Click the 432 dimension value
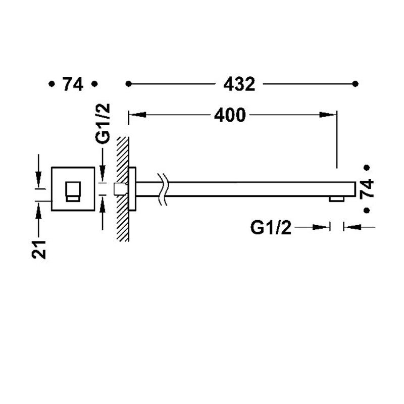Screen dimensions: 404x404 pyautogui.click(x=239, y=84)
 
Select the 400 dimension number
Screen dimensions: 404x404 pyautogui.click(x=230, y=115)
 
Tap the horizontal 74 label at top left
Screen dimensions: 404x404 pyautogui.click(x=73, y=84)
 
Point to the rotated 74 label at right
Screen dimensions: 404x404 pyautogui.click(x=367, y=188)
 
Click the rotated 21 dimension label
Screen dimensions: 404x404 pyautogui.click(x=39, y=249)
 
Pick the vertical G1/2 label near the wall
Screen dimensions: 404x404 pyautogui.click(x=103, y=124)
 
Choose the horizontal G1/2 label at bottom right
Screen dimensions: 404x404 pyautogui.click(x=271, y=228)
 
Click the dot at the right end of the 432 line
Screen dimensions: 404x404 pyautogui.click(x=355, y=84)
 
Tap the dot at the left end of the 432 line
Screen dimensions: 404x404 pyautogui.click(x=129, y=84)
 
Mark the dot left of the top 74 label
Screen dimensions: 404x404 pyautogui.click(x=52, y=84)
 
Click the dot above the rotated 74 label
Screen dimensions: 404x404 pyautogui.click(x=367, y=168)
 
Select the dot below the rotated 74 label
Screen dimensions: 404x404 pyautogui.click(x=367, y=211)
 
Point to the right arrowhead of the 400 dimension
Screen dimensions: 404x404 pyautogui.click(x=328, y=115)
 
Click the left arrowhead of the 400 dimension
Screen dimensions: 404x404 pyautogui.click(x=137, y=115)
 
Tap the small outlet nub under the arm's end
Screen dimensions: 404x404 pyautogui.click(x=336, y=199)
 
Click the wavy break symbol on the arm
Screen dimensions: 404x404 pyautogui.click(x=162, y=189)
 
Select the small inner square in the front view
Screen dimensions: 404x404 pyautogui.click(x=73, y=192)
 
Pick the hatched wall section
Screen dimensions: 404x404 pyautogui.click(x=123, y=189)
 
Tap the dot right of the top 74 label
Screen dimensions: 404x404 pyautogui.click(x=94, y=84)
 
